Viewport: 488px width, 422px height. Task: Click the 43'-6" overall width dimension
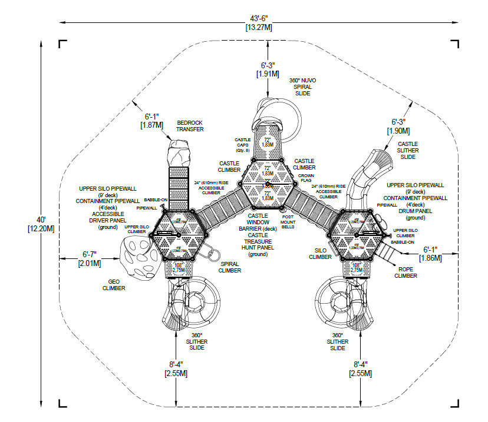point(259,22)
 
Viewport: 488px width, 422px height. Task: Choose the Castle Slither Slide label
point(408,150)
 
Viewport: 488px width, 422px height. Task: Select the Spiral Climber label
point(230,267)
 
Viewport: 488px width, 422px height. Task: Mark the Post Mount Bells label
point(288,221)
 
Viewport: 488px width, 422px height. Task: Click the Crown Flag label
point(306,178)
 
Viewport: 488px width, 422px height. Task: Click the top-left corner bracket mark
point(62,44)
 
